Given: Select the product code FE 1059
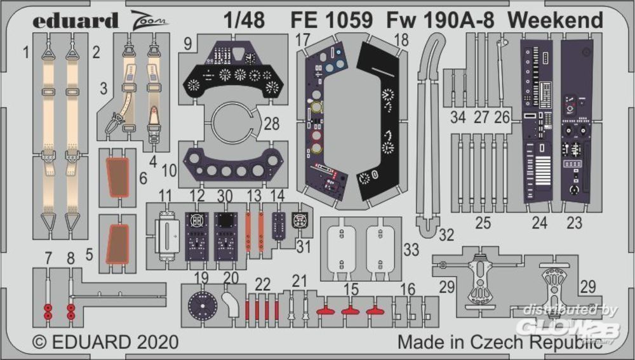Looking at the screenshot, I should coord(332,20).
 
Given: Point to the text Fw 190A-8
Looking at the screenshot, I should coord(441,20).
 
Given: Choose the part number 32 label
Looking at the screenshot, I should coord(446,234).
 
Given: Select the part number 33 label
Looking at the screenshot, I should coord(411,250).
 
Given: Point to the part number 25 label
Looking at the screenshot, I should coord(484,223).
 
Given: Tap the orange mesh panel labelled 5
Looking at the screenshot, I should coord(117,244).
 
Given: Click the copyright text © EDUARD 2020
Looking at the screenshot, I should coord(105,343).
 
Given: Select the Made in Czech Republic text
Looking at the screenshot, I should coord(500,343).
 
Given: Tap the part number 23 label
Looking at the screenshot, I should coord(574,223).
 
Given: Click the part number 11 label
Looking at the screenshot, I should coord(166,195).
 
